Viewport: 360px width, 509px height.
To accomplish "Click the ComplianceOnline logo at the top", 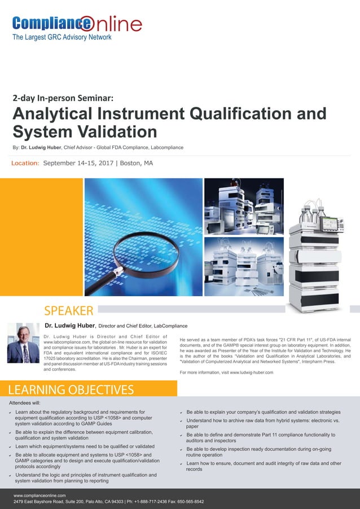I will [77, 24].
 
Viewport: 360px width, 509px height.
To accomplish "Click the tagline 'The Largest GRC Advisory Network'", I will [62, 37].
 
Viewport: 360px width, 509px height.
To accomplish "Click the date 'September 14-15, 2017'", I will [80, 163].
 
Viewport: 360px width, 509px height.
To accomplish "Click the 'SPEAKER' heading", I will [69, 310].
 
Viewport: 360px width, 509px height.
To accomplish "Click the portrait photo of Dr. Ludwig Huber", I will [23, 343].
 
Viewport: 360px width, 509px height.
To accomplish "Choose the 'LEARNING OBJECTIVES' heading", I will [71, 389].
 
